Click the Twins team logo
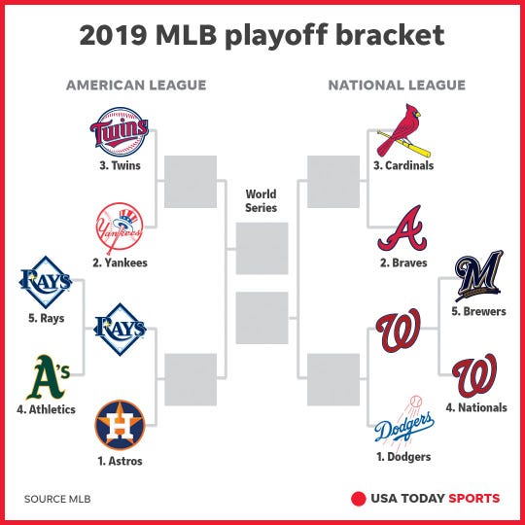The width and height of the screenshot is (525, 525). click(119, 133)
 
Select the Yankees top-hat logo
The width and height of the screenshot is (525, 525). click(119, 228)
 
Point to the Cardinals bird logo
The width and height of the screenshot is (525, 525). click(405, 131)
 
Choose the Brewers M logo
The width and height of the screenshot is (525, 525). click(478, 276)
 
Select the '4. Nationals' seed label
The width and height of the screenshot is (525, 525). click(476, 407)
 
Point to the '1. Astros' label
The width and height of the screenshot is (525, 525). click(119, 461)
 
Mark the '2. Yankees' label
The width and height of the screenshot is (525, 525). click(119, 262)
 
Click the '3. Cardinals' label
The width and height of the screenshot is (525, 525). click(403, 165)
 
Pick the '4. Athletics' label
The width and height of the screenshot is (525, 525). click(46, 409)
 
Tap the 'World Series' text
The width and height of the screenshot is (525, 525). click(262, 201)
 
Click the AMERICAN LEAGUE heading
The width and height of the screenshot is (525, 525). click(136, 86)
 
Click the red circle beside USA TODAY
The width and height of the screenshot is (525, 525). click(357, 499)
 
